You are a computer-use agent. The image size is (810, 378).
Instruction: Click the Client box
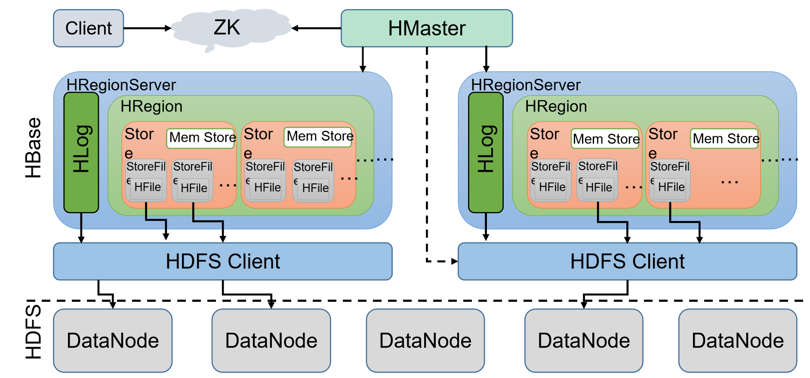point(88,28)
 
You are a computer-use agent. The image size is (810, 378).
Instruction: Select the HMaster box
point(426,28)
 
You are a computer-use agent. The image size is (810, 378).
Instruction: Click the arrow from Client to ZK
point(146,28)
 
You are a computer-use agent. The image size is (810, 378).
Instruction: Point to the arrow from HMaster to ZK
point(316,28)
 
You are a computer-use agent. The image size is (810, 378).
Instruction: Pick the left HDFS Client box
point(222,261)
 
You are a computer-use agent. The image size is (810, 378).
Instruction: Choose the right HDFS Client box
point(627,261)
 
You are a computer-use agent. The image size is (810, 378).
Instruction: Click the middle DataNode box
point(425,341)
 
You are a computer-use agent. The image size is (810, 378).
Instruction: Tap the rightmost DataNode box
point(737,341)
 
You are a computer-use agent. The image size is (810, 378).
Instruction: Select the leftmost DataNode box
point(113,341)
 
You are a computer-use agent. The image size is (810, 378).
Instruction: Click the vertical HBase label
point(33,148)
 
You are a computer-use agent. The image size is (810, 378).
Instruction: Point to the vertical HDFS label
point(33,332)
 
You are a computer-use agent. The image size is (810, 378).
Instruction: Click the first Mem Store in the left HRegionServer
point(201,138)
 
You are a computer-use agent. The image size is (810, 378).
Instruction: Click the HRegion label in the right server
point(556,106)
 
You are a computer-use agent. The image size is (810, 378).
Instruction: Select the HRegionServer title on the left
point(121,85)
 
